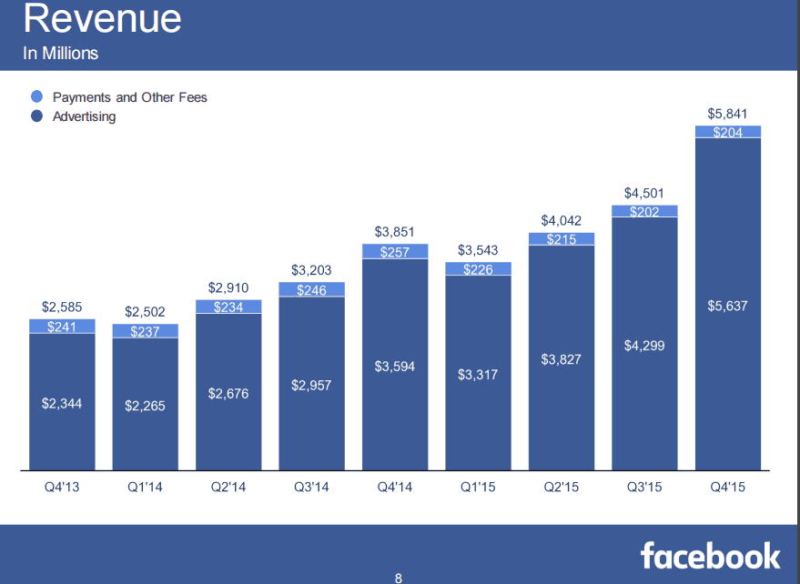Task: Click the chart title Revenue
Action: [102, 19]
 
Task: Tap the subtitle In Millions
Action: [61, 54]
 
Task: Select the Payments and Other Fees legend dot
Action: [36, 96]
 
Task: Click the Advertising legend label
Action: [84, 116]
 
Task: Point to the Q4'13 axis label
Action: [62, 488]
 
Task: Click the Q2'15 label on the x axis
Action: [561, 488]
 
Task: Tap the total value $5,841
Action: [727, 114]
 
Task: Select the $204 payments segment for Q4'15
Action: [727, 132]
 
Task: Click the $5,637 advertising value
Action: [727, 306]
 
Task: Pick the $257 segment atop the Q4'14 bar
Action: [395, 251]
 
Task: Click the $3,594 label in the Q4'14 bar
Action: [395, 367]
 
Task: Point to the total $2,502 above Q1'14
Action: [145, 312]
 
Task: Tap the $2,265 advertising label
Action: [145, 406]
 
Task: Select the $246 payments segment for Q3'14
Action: [311, 289]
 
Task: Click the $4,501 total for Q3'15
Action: [643, 193]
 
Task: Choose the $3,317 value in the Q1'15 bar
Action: [478, 374]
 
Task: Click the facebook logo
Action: [710, 554]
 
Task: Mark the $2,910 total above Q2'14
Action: [228, 287]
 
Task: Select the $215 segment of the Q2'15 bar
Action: [561, 239]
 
